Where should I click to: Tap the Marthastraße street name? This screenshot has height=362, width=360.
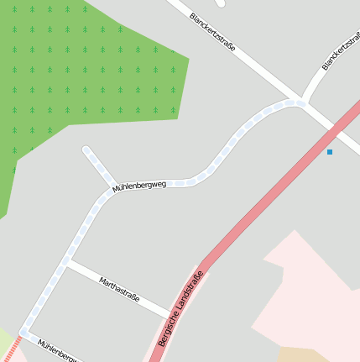(x=119, y=290)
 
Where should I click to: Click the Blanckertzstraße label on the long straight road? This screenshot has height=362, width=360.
(x=212, y=32)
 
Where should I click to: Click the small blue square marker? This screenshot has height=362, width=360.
(x=330, y=152)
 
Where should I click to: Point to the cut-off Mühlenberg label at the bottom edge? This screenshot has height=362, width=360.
(x=59, y=351)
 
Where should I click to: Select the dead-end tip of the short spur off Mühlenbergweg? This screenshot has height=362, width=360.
(x=86, y=150)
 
